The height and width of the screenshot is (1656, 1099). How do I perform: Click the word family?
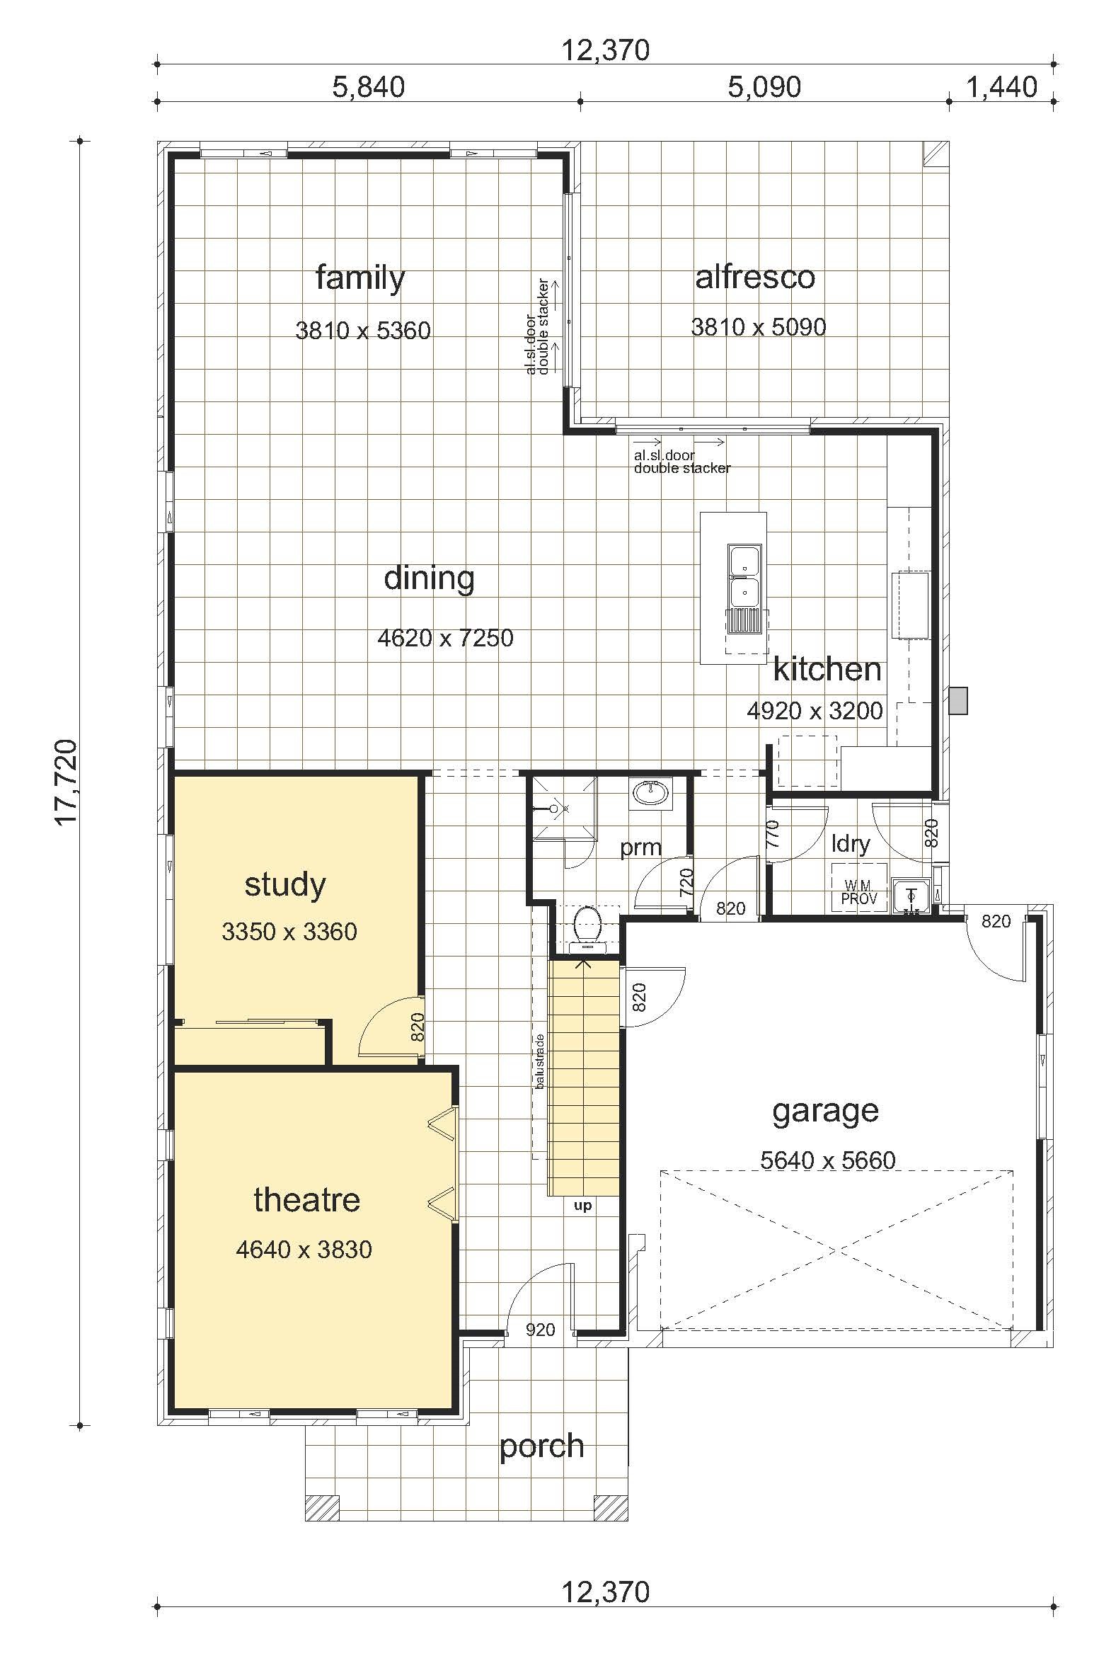click(x=360, y=278)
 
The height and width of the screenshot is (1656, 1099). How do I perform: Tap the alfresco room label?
click(x=755, y=277)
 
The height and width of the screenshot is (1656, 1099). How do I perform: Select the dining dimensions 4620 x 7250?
click(x=446, y=638)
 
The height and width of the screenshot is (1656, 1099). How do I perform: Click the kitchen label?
click(x=827, y=669)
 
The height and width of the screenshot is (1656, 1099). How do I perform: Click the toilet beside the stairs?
click(x=587, y=927)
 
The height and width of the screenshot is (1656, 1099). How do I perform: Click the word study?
click(x=285, y=885)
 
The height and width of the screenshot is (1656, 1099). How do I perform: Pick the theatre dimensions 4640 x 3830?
click(x=304, y=1250)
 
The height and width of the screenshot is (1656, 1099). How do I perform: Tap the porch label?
click(x=542, y=1447)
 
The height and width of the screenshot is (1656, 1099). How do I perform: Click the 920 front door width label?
click(x=541, y=1330)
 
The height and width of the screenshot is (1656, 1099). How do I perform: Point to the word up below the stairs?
click(x=583, y=1206)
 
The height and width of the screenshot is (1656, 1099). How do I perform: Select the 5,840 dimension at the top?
click(x=368, y=87)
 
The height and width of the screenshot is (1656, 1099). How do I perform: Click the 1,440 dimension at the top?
click(x=1001, y=87)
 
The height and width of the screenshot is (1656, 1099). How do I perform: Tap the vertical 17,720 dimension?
click(x=66, y=782)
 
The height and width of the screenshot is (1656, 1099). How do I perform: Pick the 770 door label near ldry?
click(x=773, y=834)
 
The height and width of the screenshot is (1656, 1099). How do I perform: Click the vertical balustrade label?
click(x=540, y=1061)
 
